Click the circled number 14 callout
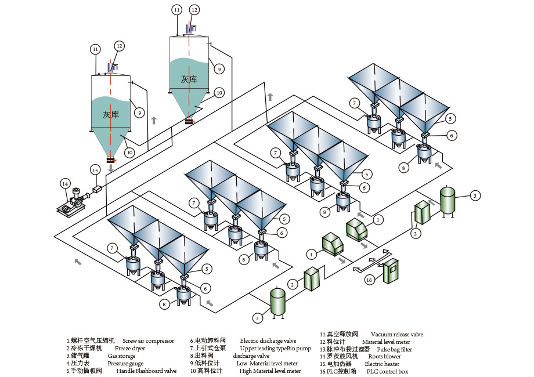(x=66, y=183)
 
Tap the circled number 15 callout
(x=95, y=170)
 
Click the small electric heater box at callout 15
(x=97, y=188)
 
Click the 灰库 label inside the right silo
(x=189, y=79)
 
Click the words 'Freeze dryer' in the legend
(x=130, y=349)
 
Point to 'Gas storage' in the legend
(x=121, y=356)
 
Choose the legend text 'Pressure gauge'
(x=125, y=364)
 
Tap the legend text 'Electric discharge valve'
(x=268, y=341)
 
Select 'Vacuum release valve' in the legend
(x=396, y=335)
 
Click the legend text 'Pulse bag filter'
(x=394, y=350)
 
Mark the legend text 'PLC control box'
(x=387, y=372)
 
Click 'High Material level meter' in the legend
(x=270, y=371)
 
